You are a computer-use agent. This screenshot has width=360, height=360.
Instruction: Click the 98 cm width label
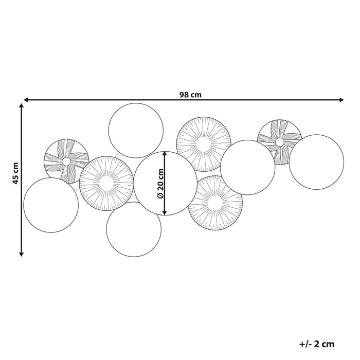pos(190,95)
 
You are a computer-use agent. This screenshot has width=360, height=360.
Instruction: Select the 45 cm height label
pos(15,173)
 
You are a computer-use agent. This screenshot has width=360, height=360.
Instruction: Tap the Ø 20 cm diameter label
pos(160,184)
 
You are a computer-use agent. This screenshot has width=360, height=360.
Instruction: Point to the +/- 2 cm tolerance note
pos(317,344)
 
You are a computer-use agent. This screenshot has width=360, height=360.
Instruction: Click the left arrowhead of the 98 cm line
pos(26,100)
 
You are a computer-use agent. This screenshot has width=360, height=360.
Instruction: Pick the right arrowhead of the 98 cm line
pos(341,100)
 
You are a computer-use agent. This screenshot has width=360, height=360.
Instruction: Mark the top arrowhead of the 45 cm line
pos(22,105)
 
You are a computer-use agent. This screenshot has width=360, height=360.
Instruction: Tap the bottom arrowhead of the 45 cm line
pos(22,254)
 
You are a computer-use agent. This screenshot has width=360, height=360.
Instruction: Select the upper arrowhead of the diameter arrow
pos(165,154)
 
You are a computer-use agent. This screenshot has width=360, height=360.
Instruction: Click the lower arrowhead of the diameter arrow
pos(165,212)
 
